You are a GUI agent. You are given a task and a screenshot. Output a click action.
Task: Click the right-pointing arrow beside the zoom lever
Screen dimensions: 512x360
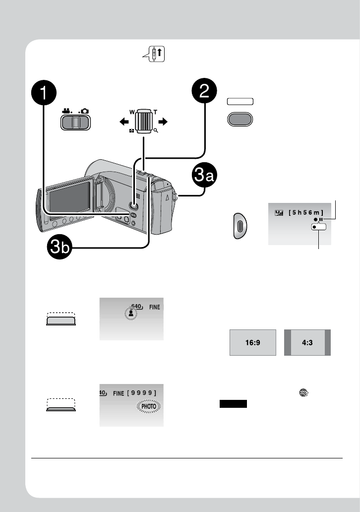165,121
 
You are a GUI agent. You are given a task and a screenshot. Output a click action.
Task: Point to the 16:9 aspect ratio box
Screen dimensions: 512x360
252,342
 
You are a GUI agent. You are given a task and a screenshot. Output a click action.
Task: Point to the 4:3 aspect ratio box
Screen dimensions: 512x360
307,342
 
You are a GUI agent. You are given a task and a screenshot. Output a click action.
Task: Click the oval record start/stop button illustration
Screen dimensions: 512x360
240,227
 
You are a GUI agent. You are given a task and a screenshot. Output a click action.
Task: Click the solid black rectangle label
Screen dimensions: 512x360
233,404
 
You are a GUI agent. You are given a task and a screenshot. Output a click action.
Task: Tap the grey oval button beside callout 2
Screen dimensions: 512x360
240,120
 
